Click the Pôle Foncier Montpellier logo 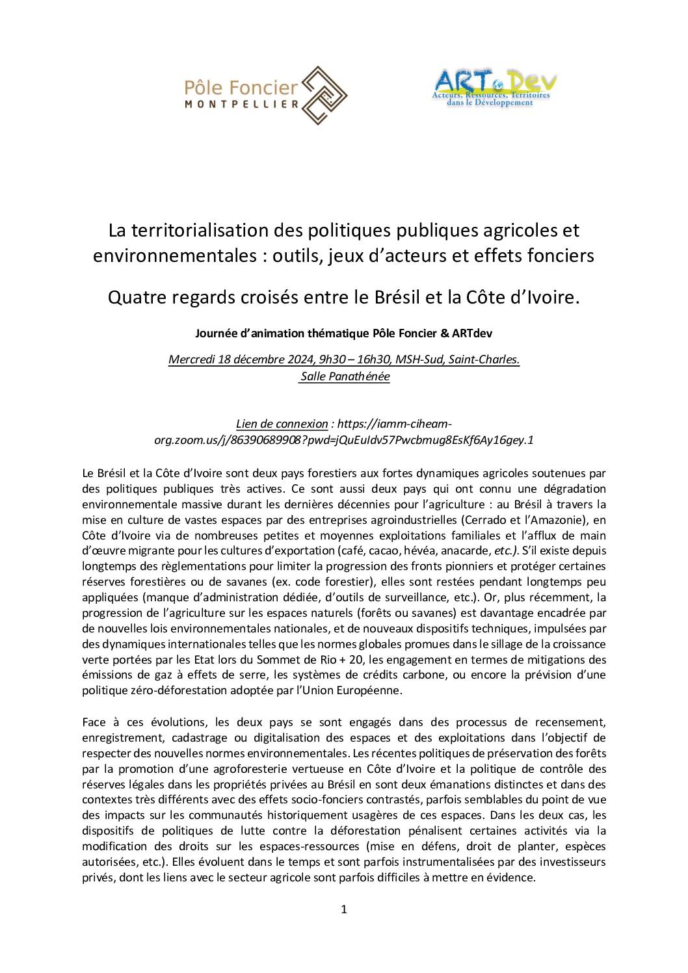tap(267, 95)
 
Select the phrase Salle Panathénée tap(345, 376)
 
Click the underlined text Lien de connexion tap(282, 424)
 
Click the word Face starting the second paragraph tap(94, 722)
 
